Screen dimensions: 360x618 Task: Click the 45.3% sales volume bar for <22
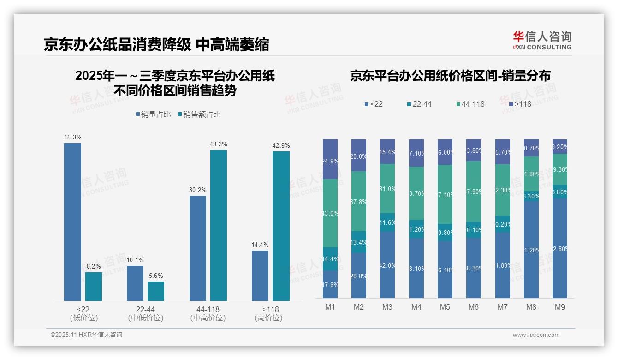pos(72,222)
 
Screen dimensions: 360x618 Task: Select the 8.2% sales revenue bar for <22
pos(94,287)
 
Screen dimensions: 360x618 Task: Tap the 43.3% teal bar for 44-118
pos(219,225)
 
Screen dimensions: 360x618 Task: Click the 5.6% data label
pos(156,276)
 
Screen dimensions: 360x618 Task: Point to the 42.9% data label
pos(281,145)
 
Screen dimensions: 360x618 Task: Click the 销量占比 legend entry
pos(155,114)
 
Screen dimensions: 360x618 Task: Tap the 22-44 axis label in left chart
pos(145,309)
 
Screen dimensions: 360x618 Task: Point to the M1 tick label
pos(330,307)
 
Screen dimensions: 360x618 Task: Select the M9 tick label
pos(559,307)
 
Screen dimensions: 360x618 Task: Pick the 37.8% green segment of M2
pos(359,201)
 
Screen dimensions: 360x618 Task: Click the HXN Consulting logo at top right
pos(542,41)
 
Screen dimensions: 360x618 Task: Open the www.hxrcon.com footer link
pos(536,335)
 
